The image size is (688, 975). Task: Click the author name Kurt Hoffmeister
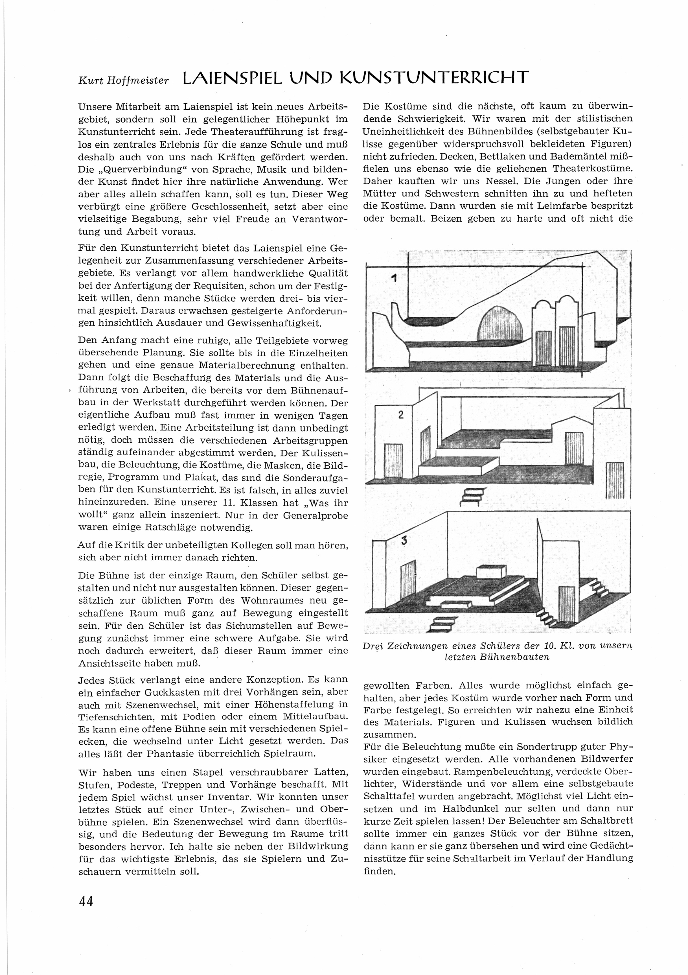(124, 80)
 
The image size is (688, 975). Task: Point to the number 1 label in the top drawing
(394, 279)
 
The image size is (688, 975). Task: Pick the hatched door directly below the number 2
(393, 460)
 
